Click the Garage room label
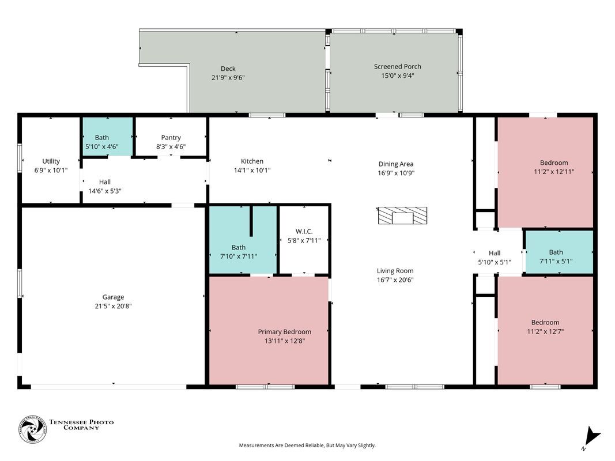coord(113,297)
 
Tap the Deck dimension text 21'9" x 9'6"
coord(228,77)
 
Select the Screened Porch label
coord(397,67)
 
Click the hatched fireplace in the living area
coord(402,216)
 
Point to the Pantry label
coord(171,138)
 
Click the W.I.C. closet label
coord(304,232)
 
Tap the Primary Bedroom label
coord(284,332)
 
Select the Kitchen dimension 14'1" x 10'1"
coord(252,171)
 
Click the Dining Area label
coord(395,164)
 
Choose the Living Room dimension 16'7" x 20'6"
coord(395,280)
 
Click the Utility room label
coord(51,161)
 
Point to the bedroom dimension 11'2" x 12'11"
coord(553,172)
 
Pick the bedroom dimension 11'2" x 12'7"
coord(545,331)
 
